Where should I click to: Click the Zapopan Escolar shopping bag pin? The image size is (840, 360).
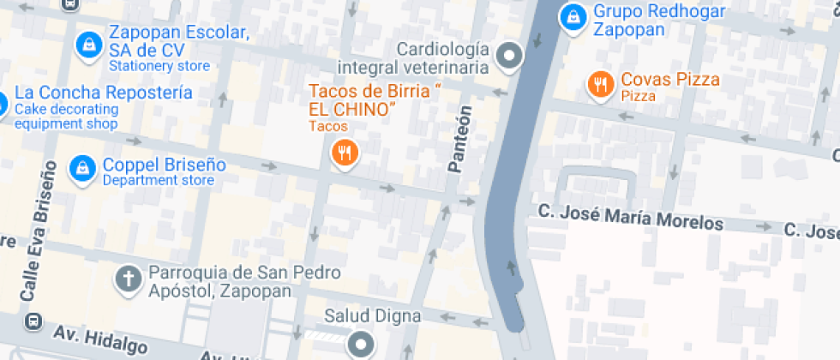click(87, 46)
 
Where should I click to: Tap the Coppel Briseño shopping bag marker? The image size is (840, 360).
click(81, 168)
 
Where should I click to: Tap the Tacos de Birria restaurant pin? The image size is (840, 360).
click(344, 154)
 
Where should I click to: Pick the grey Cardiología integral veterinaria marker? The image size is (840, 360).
click(511, 57)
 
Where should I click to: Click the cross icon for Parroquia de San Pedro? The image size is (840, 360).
click(129, 279)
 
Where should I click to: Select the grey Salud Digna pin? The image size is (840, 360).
click(360, 344)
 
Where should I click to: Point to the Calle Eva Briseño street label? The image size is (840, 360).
click(37, 231)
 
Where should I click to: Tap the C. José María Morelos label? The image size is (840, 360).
click(630, 217)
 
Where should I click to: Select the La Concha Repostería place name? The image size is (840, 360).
click(104, 93)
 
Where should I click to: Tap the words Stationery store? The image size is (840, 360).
click(159, 65)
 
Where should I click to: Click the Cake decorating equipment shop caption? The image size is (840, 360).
click(66, 117)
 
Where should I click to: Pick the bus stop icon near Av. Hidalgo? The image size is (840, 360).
click(33, 321)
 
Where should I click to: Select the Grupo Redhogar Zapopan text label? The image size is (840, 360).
click(659, 21)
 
